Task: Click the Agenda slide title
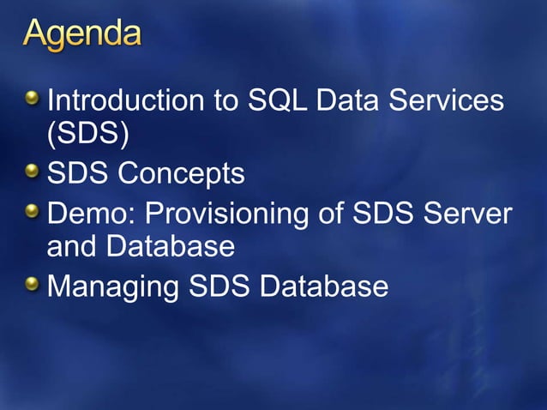[x=82, y=35]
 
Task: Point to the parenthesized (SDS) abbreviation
[x=82, y=137]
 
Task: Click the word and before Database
[x=72, y=247]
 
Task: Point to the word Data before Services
[x=355, y=101]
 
